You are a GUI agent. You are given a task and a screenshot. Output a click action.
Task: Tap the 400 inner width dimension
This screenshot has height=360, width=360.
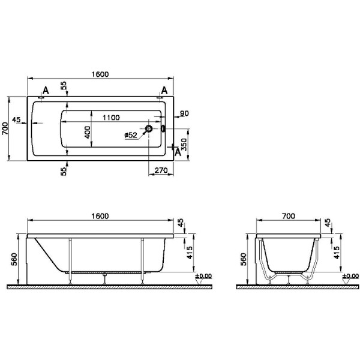coord(87,132)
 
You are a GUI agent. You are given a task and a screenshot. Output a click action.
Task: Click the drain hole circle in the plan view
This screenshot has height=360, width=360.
coord(148,128)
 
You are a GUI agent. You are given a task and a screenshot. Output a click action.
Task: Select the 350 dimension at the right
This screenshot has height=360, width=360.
coord(184,145)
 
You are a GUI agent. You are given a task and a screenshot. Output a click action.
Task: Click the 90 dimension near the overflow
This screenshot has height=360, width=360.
coord(184,113)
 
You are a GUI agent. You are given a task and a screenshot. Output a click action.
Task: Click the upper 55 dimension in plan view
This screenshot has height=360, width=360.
coord(64,86)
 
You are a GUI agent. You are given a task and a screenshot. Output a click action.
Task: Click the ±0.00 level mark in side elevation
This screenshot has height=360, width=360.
coord(204,276)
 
